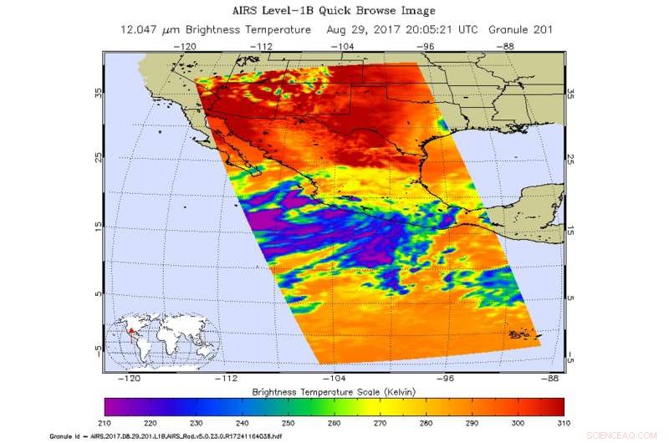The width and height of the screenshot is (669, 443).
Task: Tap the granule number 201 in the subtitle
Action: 539,29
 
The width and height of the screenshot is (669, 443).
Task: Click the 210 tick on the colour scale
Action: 105,424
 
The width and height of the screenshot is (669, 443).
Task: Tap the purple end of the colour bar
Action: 113,406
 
